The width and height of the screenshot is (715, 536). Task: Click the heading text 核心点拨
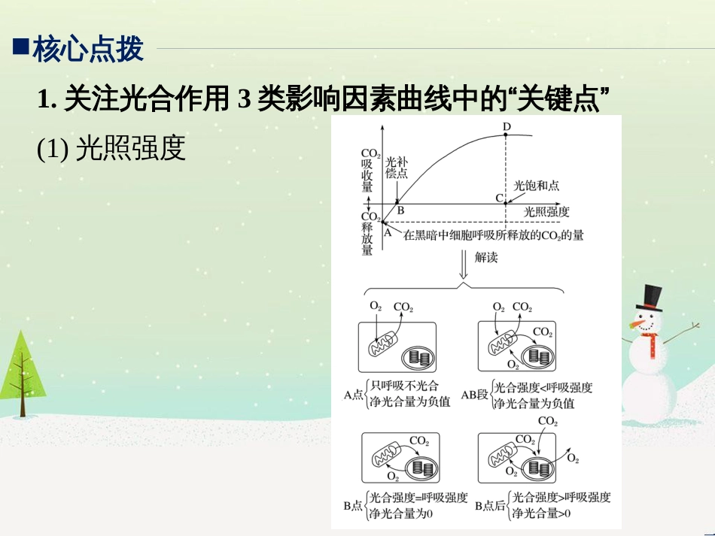coord(88,49)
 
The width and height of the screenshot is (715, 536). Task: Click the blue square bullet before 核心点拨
coord(21,47)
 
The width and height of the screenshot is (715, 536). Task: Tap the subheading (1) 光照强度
coord(111,148)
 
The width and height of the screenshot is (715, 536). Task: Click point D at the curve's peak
coord(506,135)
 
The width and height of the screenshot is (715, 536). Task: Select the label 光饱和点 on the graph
coord(536,186)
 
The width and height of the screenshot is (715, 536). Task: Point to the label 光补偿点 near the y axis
coord(396,168)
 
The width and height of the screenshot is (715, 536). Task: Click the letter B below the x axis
coord(400,210)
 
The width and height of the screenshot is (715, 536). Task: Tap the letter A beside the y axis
coord(388,232)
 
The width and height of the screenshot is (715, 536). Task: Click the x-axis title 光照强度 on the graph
coord(546,212)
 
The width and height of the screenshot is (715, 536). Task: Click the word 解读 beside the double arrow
coord(486,258)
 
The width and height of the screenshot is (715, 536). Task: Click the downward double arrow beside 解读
coord(464,264)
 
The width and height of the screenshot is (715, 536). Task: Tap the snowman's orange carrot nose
coord(637,325)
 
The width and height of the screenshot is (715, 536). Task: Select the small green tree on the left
coord(21,374)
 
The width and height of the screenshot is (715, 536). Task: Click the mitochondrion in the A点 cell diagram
coord(383,344)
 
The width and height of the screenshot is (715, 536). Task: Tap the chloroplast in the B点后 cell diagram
coord(539,468)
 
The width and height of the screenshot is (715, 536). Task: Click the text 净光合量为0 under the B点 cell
coord(401,513)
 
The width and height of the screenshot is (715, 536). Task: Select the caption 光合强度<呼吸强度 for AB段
coord(543,388)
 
